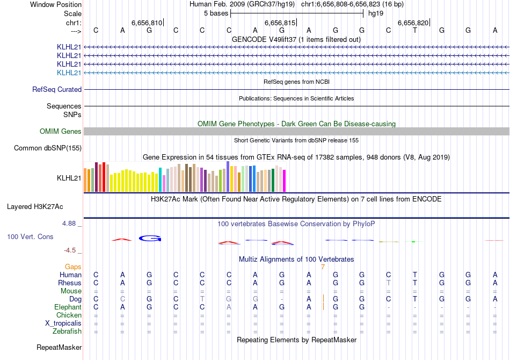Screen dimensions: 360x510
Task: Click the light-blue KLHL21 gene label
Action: click(69, 73)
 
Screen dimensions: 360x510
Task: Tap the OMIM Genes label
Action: click(61, 131)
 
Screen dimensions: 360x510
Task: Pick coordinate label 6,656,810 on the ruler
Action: click(147, 23)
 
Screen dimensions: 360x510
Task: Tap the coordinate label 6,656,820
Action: click(413, 23)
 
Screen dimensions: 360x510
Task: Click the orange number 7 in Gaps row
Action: click(323, 267)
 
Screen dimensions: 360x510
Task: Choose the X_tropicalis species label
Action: click(63, 323)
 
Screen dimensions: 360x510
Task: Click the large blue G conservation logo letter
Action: click(150, 238)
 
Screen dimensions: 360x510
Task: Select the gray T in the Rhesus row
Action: click(389, 283)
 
